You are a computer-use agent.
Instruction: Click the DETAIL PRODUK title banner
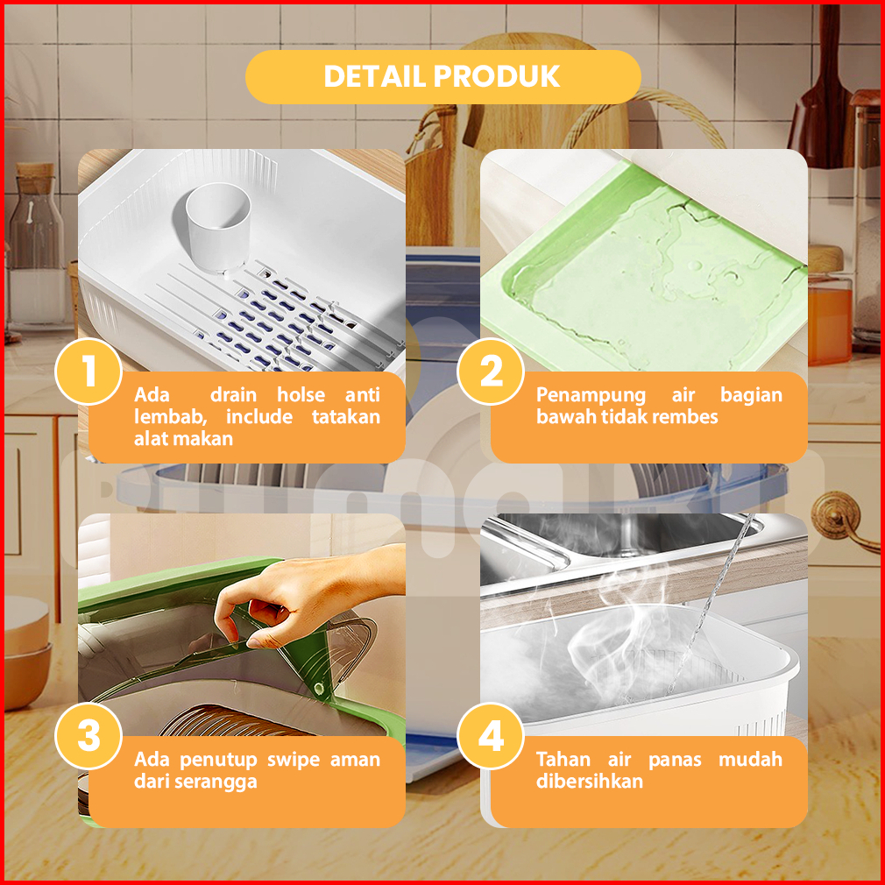(443, 77)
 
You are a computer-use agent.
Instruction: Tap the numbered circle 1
(88, 372)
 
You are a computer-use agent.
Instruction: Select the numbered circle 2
(491, 372)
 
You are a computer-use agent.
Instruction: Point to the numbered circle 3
(88, 736)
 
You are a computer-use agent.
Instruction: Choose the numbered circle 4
(491, 736)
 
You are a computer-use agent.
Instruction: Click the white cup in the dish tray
(218, 228)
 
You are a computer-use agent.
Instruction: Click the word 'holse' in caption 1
(301, 394)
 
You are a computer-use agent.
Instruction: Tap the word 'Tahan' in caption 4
(563, 759)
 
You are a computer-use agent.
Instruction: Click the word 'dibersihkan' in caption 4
(590, 781)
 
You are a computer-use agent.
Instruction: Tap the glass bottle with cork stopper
(36, 247)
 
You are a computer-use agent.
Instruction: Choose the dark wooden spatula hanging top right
(821, 96)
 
